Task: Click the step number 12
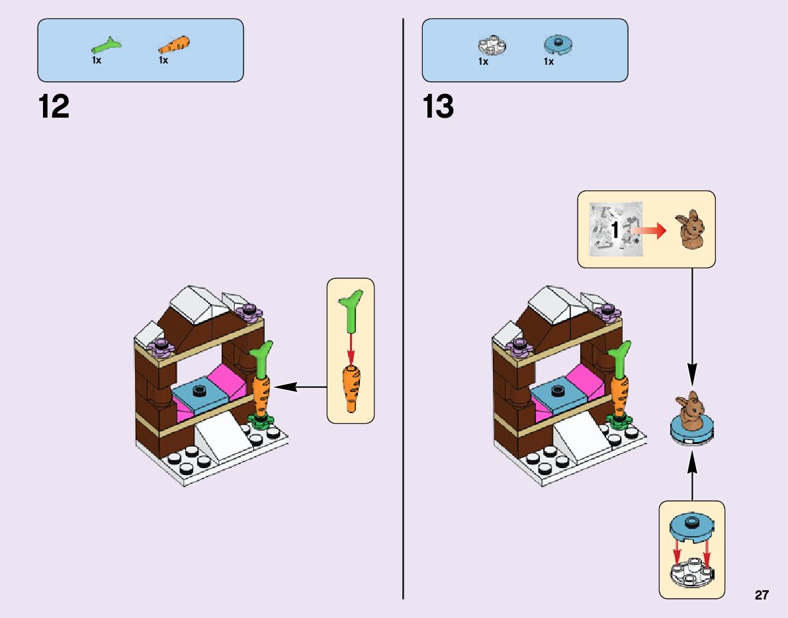coord(54,107)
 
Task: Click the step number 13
coord(438,107)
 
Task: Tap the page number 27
coord(762,596)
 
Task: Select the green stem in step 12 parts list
coord(106,46)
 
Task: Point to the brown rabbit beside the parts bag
coord(689,230)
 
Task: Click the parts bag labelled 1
coord(615,229)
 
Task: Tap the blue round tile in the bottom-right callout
coord(691,526)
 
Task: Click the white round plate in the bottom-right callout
coord(691,571)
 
